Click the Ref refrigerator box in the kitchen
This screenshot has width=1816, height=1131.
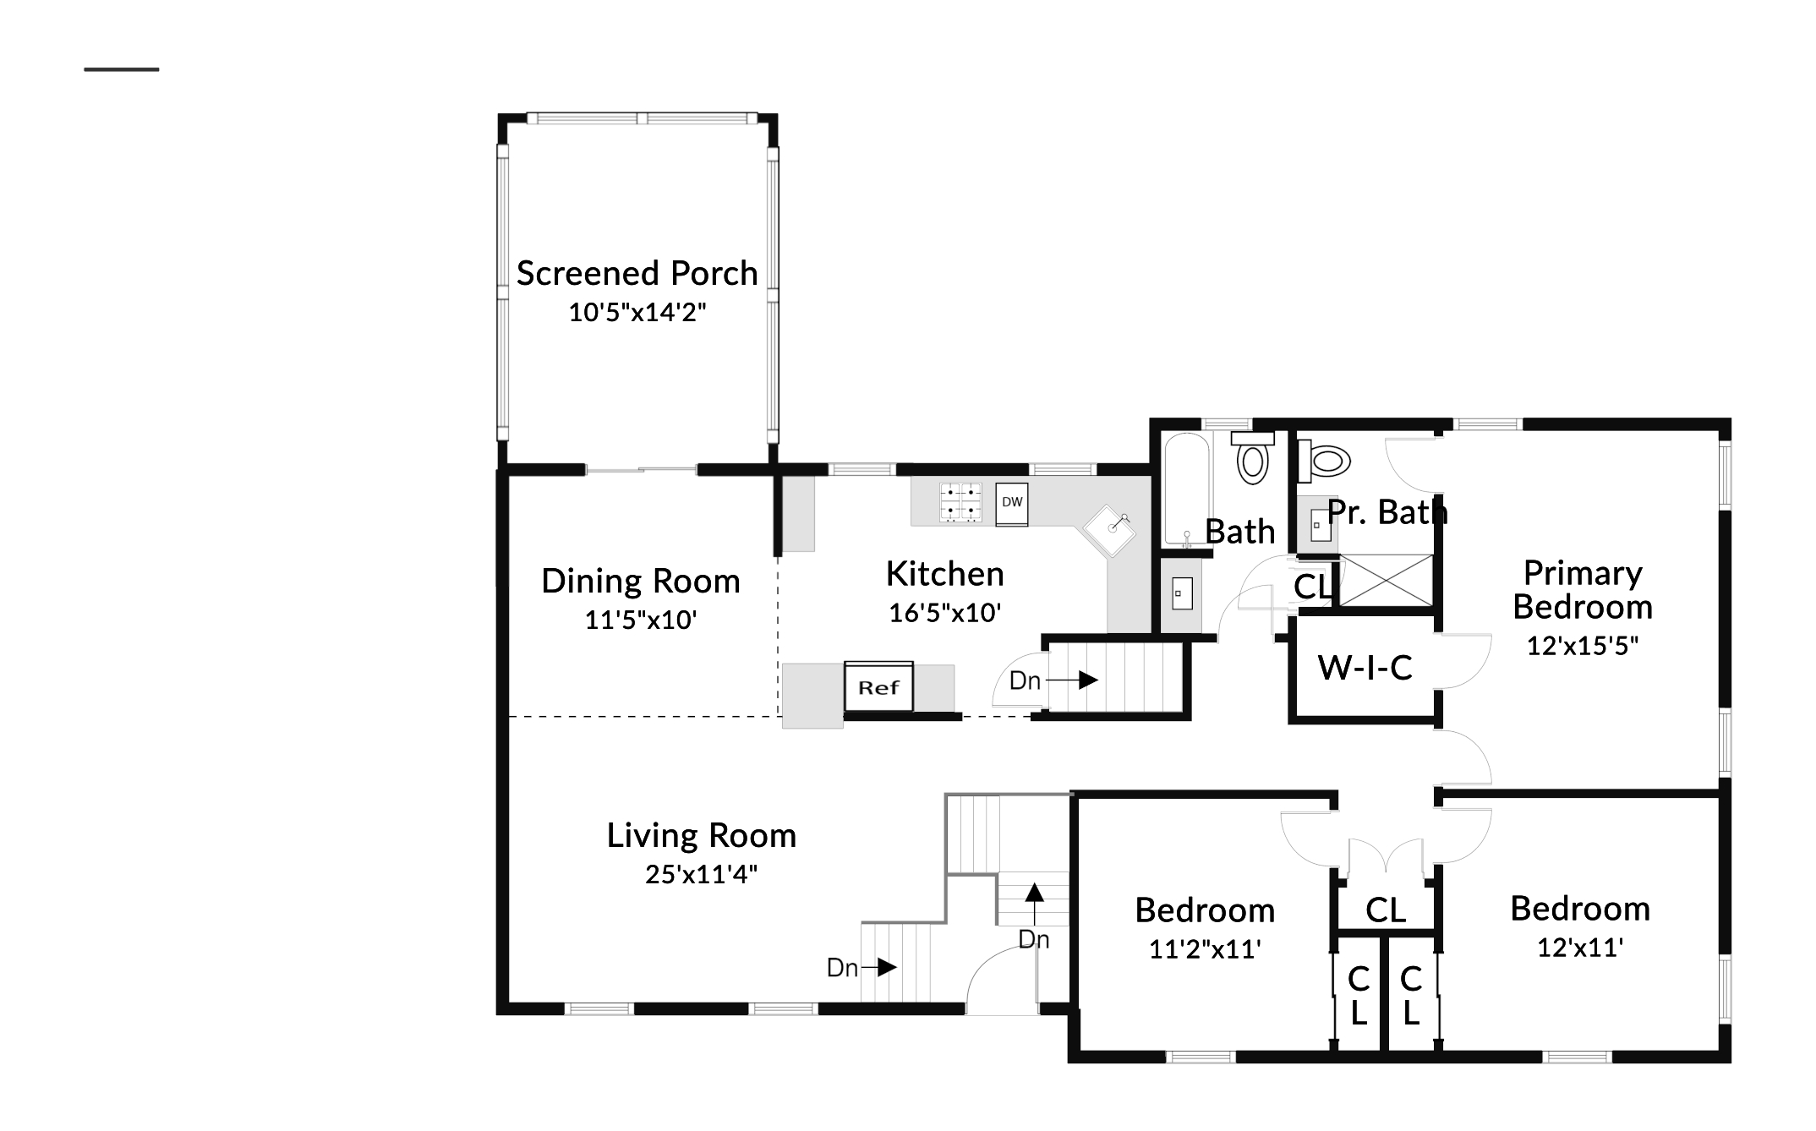pos(878,686)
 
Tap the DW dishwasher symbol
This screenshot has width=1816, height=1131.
pos(1012,503)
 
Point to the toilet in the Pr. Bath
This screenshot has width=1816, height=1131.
pos(1324,461)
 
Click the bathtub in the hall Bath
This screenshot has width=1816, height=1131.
pos(1188,489)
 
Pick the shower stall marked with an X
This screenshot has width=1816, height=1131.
pos(1387,580)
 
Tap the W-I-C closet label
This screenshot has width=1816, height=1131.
pos(1365,668)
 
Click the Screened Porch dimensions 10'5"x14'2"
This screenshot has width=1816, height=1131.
pos(637,312)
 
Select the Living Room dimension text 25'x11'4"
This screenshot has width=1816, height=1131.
pos(701,874)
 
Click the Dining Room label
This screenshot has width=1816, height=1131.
pos(641,582)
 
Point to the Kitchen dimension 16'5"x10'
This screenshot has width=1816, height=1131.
pos(944,612)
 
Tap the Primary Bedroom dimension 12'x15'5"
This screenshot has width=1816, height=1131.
pos(1583,646)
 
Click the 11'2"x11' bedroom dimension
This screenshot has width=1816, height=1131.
pos(1205,949)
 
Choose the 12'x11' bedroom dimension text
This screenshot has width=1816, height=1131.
pos(1580,948)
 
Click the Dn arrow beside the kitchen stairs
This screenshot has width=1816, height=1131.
pos(1075,680)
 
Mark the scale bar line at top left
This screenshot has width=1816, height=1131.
pos(122,69)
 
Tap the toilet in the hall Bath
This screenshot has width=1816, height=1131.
pos(1252,459)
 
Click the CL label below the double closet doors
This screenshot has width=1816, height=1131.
pos(1386,910)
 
